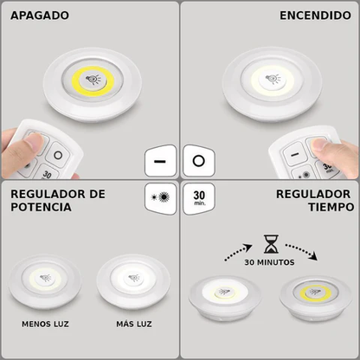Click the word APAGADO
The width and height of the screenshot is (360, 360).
[x=40, y=16]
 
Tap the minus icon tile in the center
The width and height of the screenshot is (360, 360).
[x=160, y=161]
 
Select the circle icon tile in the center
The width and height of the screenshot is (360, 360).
[x=199, y=161]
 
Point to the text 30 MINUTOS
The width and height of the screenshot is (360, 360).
[x=269, y=262]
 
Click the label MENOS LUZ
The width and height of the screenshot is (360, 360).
[x=47, y=325]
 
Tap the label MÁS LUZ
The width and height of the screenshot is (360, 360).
[x=133, y=325]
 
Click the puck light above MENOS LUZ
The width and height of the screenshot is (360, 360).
[x=44, y=280]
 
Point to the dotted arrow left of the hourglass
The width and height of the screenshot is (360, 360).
[x=236, y=253]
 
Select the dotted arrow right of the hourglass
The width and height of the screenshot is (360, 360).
[x=303, y=253]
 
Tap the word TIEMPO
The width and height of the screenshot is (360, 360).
[x=325, y=208]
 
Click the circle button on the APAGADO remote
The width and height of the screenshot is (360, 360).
[x=58, y=155]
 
